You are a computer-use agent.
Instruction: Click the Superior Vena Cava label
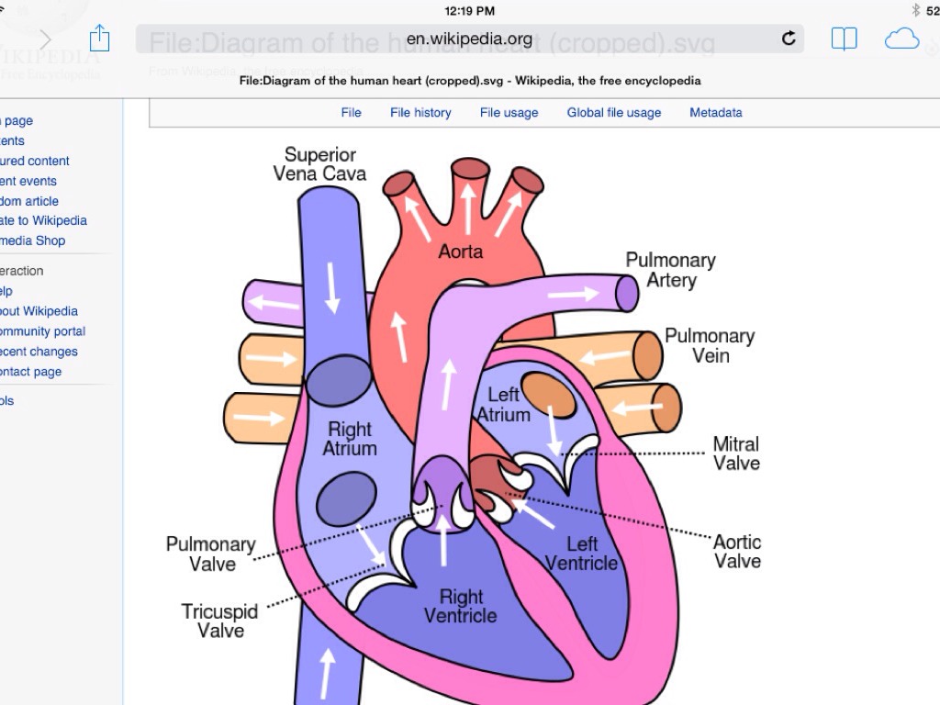(x=319, y=164)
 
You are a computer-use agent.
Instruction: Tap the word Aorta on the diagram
(x=460, y=251)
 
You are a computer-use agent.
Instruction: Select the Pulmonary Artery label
(x=670, y=270)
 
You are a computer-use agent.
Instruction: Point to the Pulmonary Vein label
(x=710, y=345)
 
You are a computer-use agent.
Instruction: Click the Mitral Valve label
(x=736, y=453)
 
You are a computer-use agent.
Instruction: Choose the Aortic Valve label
(x=737, y=552)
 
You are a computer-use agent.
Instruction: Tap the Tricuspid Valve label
(x=220, y=621)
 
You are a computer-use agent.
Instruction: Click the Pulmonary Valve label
(x=211, y=554)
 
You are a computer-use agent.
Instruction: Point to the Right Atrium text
(x=350, y=439)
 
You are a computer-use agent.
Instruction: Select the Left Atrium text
(x=503, y=405)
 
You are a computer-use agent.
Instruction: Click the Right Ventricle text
(x=461, y=606)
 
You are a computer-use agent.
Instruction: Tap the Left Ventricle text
(x=581, y=554)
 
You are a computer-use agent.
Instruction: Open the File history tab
(x=420, y=113)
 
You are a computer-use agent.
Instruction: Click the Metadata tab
(x=716, y=113)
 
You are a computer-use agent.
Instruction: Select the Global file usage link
(x=614, y=113)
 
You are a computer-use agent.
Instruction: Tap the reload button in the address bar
(x=789, y=39)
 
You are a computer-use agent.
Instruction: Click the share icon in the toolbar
(x=99, y=39)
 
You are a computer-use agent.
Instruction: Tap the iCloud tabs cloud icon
(x=901, y=39)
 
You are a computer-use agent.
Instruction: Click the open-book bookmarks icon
(x=844, y=39)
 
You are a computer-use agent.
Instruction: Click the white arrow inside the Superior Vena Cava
(x=332, y=285)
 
